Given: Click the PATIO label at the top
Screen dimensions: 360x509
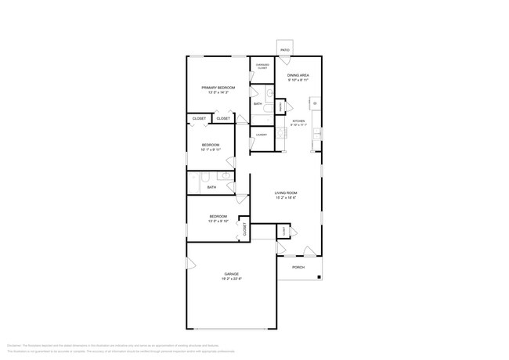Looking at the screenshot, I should coord(285,50).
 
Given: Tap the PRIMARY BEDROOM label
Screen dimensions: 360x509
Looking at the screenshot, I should coord(218,87).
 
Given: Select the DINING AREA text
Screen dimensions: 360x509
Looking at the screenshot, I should coord(298,75).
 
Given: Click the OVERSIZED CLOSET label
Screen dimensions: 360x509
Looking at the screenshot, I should coord(262,67).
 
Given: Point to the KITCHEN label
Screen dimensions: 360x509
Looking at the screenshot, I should coord(298,121).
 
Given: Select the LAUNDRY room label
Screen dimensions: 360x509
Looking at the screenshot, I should coord(261,135).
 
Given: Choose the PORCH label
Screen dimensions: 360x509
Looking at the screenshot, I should coord(298,267).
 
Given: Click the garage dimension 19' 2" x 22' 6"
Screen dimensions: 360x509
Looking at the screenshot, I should coord(231,279).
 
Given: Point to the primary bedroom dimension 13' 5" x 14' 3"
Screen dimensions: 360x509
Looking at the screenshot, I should coord(218,92).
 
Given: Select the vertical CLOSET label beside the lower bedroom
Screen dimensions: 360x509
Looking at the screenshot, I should coord(244,229).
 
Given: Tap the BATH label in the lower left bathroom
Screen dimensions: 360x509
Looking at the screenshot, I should coord(211,187).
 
